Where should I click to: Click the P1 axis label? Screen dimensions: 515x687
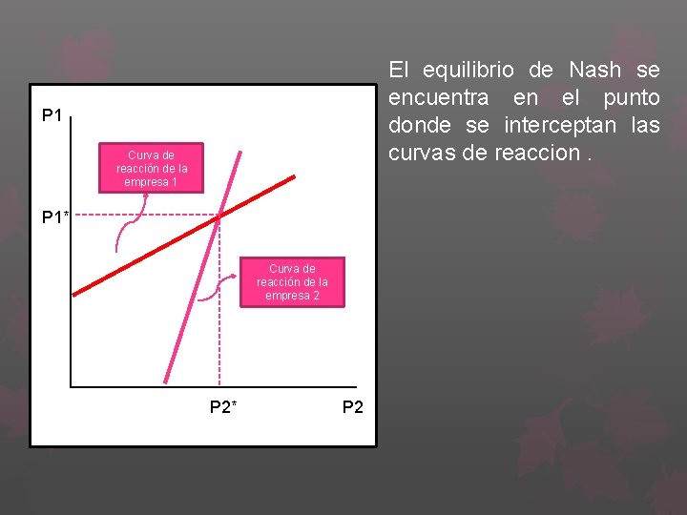pyautogui.click(x=52, y=116)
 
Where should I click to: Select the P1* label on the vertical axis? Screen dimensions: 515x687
pyautogui.click(x=55, y=218)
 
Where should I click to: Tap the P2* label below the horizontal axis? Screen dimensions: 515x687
pyautogui.click(x=223, y=408)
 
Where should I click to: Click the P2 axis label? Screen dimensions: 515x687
pyautogui.click(x=352, y=408)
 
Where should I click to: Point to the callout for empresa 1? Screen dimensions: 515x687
pyautogui.click(x=152, y=169)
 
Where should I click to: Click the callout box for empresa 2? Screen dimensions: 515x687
pyautogui.click(x=292, y=282)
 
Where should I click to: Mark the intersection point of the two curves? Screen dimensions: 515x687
pyautogui.click(x=219, y=218)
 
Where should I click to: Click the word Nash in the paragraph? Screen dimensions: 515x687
pyautogui.click(x=594, y=70)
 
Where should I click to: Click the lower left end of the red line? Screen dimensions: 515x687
pyautogui.click(x=75, y=291)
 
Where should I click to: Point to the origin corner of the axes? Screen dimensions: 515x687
pyautogui.click(x=71, y=386)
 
